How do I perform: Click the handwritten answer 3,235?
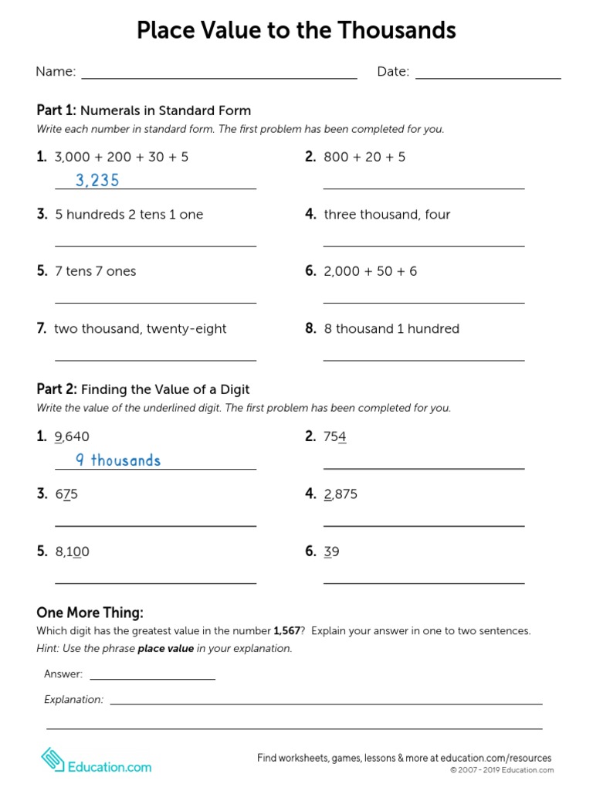tap(97, 181)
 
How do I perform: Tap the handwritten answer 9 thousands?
tap(118, 460)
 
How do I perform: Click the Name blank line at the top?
tap(219, 78)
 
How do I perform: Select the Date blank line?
tap(487, 78)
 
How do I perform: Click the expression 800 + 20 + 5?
tap(364, 158)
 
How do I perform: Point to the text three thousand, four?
tap(387, 215)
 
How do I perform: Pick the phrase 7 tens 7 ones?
tap(95, 272)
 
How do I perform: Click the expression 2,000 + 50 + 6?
tap(371, 272)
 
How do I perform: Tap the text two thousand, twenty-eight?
tap(141, 329)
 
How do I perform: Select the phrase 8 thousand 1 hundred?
tap(391, 329)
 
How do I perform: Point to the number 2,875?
tap(341, 494)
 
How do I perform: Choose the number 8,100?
tap(73, 552)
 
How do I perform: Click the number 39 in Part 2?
tap(332, 552)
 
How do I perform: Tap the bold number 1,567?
tap(286, 631)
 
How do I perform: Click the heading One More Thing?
tap(90, 613)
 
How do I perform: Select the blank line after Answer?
tap(152, 679)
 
